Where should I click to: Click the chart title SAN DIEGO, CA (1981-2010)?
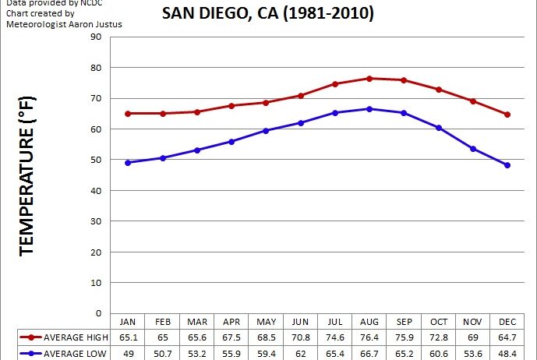(267, 13)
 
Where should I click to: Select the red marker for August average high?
(369, 79)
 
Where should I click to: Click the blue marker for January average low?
(127, 163)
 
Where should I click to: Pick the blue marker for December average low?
(507, 165)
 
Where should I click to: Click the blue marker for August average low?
(369, 109)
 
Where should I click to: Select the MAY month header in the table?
(266, 321)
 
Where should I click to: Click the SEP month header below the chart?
(404, 321)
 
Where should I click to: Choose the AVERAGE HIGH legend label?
(75, 337)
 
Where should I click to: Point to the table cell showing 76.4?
(369, 337)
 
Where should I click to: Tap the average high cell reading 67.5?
(231, 337)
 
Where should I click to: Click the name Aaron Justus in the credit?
(97, 24)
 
